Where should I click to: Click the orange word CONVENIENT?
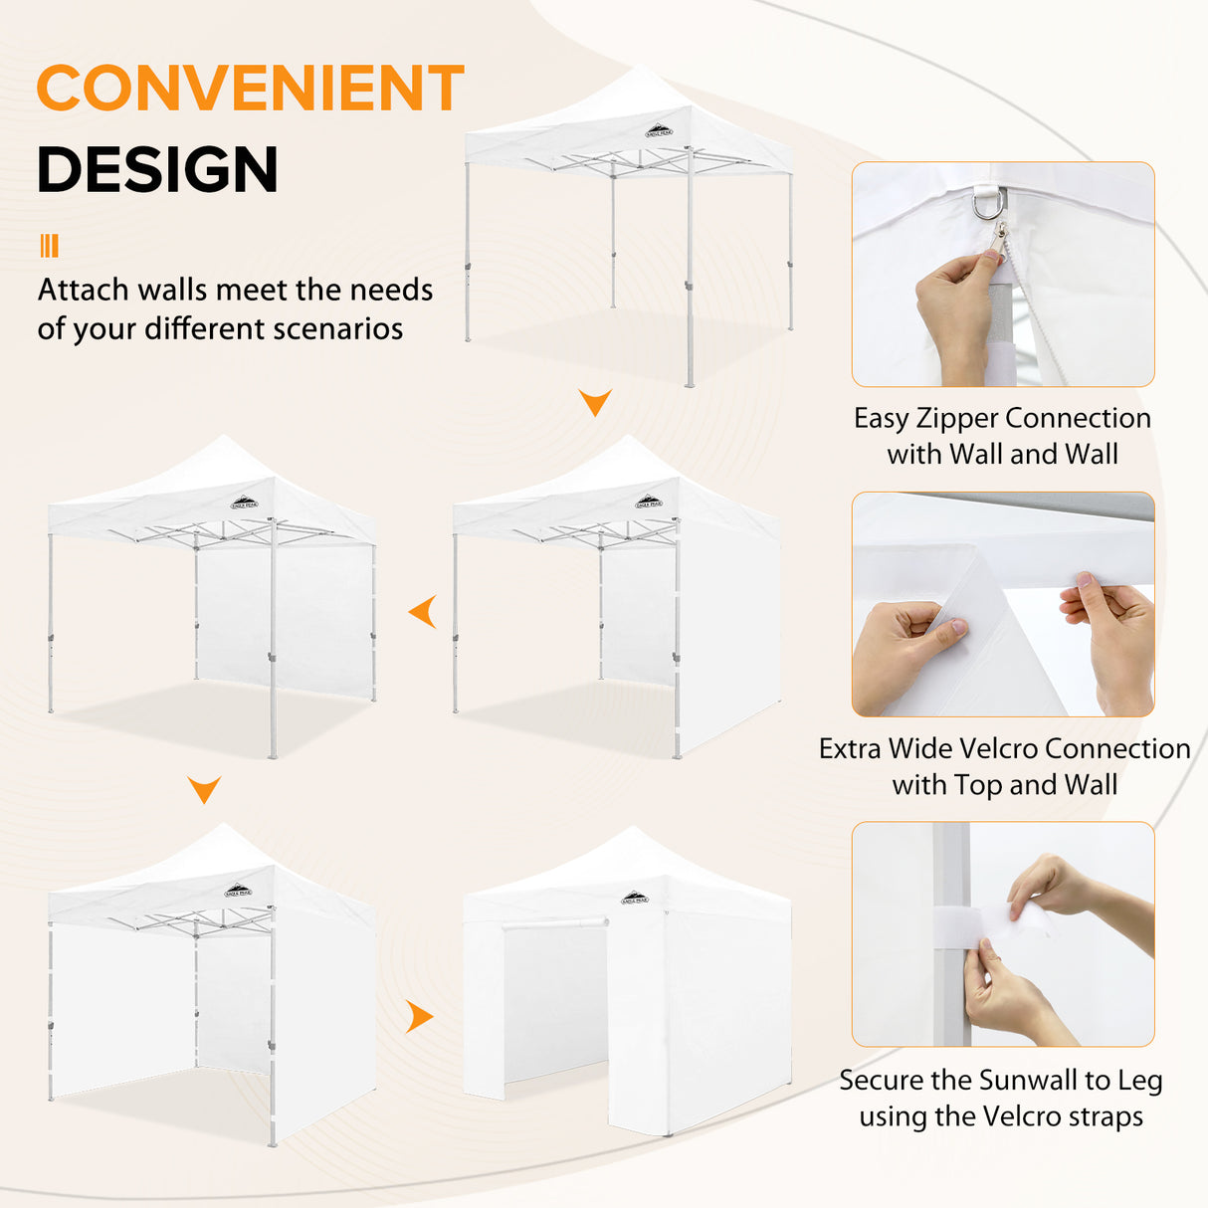(250, 89)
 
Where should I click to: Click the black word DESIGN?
(157, 169)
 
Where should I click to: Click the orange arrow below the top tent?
(595, 402)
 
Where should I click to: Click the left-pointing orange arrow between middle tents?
(424, 612)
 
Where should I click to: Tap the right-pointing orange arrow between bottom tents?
(420, 1017)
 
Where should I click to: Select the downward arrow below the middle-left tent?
(204, 790)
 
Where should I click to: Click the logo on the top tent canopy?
(660, 129)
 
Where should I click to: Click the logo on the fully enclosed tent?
(635, 898)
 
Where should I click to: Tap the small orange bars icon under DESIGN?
(49, 246)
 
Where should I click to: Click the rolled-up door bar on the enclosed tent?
(554, 924)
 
